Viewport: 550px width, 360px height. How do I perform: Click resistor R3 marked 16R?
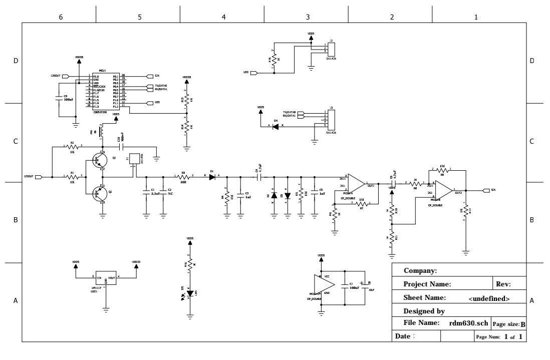[x=184, y=176]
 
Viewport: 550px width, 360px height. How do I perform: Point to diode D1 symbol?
[x=212, y=176]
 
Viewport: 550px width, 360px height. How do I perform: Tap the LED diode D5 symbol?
[x=189, y=292]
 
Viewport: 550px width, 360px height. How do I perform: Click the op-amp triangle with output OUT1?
[x=356, y=183]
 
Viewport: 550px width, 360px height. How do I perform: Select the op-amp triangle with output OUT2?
[x=443, y=190]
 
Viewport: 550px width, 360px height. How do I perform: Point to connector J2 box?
[x=331, y=49]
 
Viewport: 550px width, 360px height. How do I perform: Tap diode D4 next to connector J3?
[x=275, y=127]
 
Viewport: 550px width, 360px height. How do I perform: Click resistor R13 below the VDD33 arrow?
[x=186, y=100]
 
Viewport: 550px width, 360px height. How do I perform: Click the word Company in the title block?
[x=420, y=271]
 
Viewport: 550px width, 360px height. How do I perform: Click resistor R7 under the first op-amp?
[x=362, y=203]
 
